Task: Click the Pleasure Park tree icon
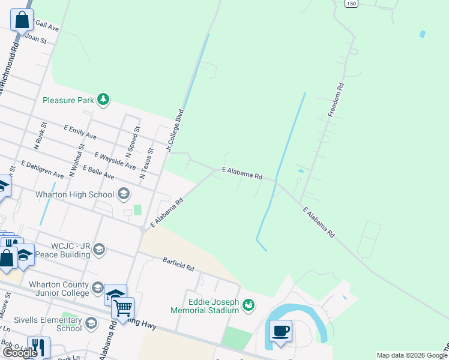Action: pos(103,100)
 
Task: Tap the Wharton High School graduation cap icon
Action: pos(123,194)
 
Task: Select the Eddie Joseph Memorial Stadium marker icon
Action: pos(248,305)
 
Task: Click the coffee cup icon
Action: pos(280,331)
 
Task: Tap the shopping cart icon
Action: pos(122,308)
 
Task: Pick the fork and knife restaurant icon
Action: pos(38,347)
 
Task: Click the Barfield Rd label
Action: pos(178,264)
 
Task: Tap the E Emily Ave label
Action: pos(80,132)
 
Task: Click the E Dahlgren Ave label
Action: pos(43,169)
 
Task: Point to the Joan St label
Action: pos(35,38)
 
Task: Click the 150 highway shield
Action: pos(351,4)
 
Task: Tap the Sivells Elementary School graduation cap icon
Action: pos(91,324)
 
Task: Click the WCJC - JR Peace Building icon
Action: pos(98,249)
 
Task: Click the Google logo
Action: pos(20,353)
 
